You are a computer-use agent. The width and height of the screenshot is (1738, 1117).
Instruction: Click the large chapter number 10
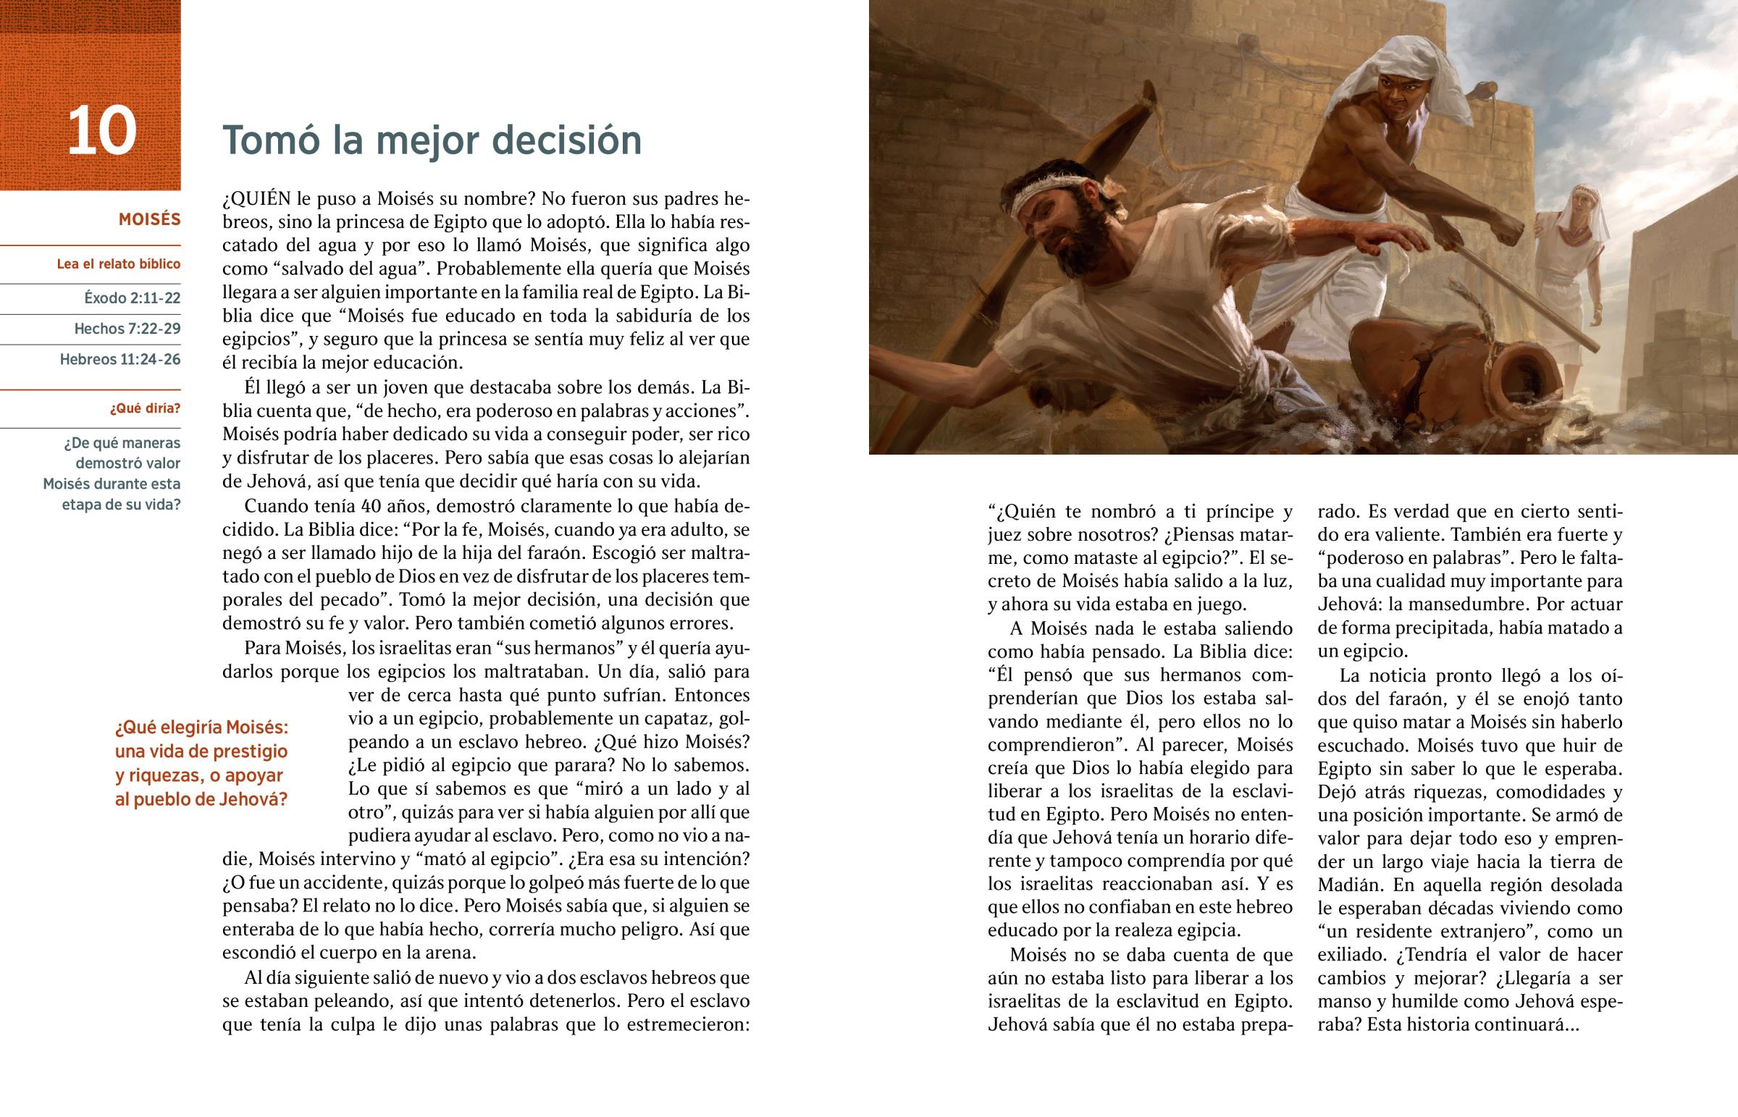point(101,131)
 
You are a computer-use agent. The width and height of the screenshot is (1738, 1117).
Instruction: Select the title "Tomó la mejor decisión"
point(432,140)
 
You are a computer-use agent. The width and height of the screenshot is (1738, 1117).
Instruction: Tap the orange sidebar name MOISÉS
point(149,219)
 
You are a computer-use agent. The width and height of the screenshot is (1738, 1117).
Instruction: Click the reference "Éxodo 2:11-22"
point(132,298)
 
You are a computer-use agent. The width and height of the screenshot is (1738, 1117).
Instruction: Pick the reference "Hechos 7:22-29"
point(127,329)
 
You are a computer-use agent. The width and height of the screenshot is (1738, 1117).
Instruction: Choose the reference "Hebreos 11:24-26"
point(119,359)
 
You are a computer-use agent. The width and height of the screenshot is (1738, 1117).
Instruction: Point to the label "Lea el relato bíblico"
point(118,264)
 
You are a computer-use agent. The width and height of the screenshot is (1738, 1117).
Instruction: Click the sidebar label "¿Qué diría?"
point(145,408)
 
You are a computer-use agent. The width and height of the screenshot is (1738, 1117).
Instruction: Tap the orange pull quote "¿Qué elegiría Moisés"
point(201,728)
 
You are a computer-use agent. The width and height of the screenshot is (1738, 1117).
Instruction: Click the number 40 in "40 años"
point(371,505)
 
